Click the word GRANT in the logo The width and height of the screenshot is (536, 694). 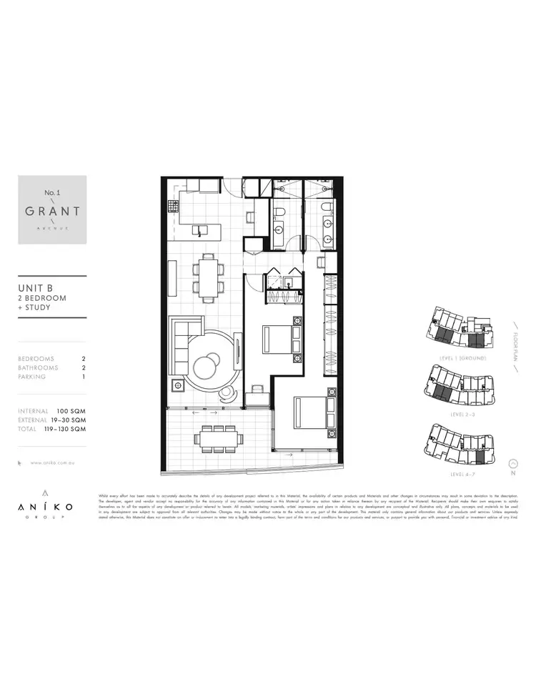coord(52,212)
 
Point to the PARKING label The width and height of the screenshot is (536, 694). coord(32,377)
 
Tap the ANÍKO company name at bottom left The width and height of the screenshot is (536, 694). coord(46,506)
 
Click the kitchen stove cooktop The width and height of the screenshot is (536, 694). coord(172,207)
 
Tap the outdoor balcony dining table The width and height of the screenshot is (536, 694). coord(219,435)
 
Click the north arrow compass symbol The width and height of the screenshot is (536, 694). coord(512,462)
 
